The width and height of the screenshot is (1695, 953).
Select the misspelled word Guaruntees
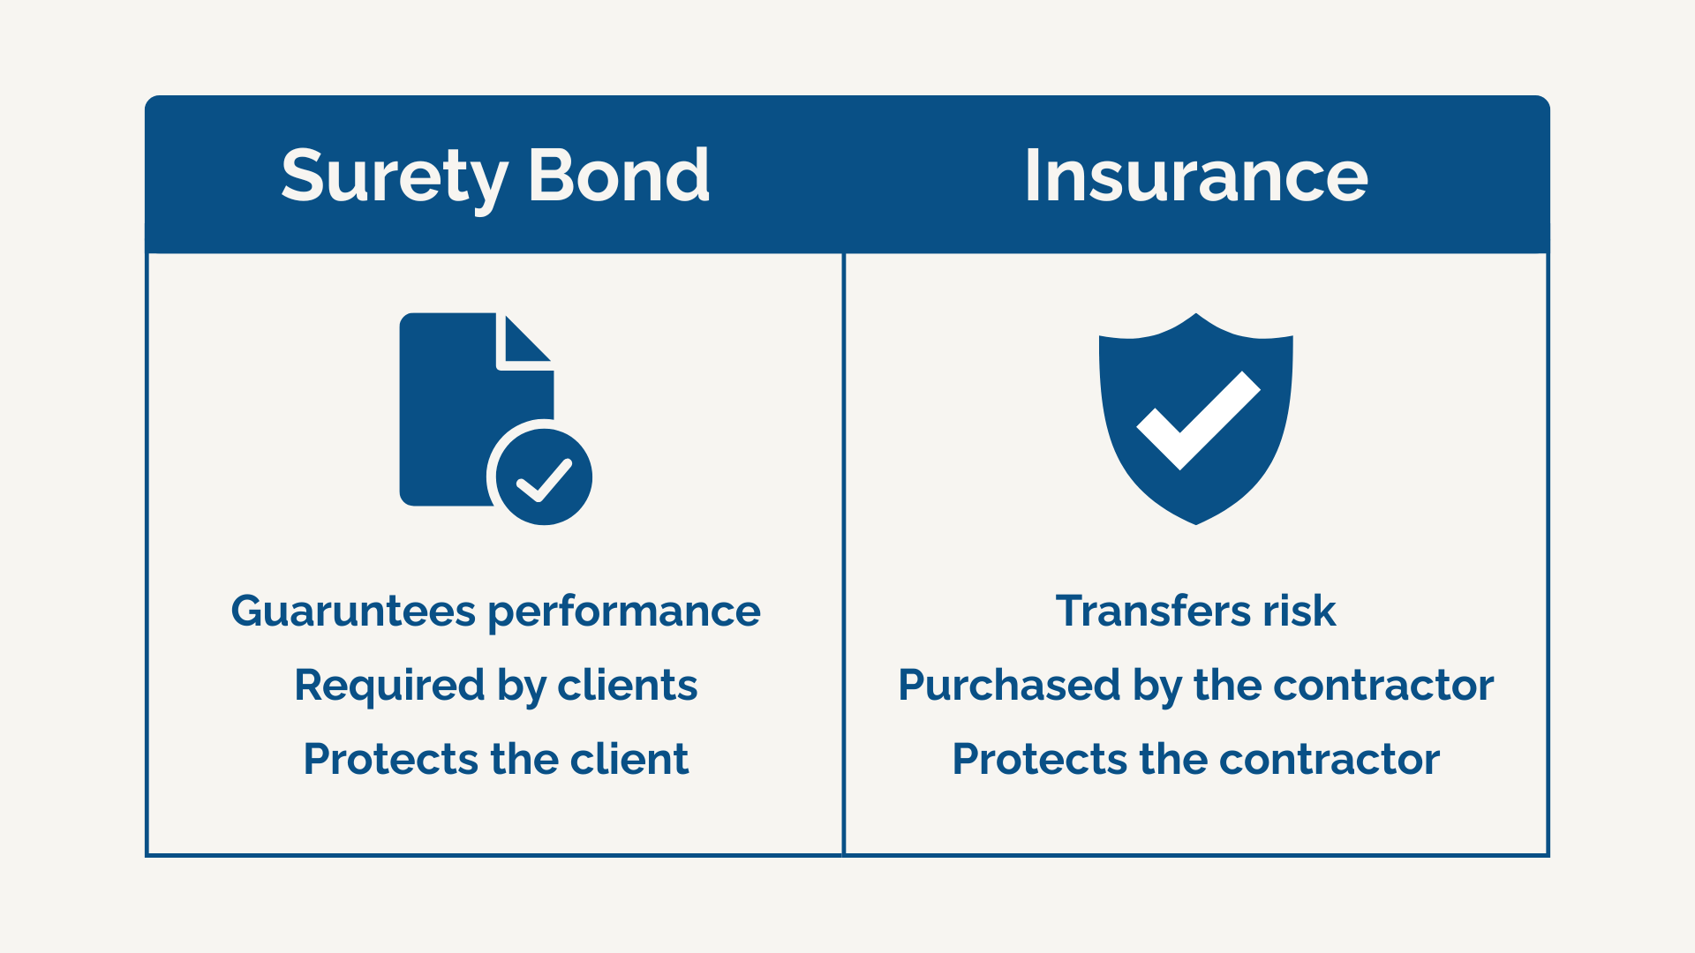[x=353, y=612]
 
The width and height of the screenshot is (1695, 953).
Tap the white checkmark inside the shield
[x=1198, y=421]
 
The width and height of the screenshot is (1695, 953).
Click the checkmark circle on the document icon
[x=543, y=477]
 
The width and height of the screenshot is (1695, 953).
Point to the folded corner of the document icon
[x=524, y=341]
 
